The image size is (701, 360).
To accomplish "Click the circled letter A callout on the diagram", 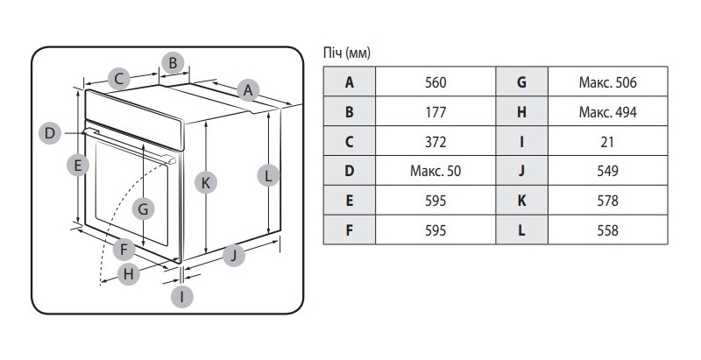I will (248, 89).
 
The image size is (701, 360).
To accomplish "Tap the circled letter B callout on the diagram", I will (173, 62).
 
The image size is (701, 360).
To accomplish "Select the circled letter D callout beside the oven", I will (50, 133).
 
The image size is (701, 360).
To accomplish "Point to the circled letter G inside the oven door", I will (144, 208).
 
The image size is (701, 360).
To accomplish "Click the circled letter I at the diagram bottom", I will (182, 296).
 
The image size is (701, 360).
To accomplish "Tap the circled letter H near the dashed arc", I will (129, 273).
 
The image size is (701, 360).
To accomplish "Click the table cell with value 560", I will (435, 83).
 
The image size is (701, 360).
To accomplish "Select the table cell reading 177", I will (435, 112).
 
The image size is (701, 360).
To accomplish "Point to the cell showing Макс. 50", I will (435, 171).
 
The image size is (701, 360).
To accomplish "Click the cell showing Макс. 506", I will (607, 83).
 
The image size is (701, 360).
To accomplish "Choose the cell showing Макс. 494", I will (607, 112).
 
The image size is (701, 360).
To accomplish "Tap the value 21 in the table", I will (607, 142).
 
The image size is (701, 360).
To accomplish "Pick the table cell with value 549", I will (607, 171).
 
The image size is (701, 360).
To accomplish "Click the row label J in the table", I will (521, 171).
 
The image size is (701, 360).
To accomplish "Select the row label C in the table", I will (350, 142).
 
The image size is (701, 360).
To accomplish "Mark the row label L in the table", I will (521, 230).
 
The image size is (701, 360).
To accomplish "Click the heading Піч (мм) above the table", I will (347, 53).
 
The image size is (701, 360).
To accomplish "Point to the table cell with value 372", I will (435, 142).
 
